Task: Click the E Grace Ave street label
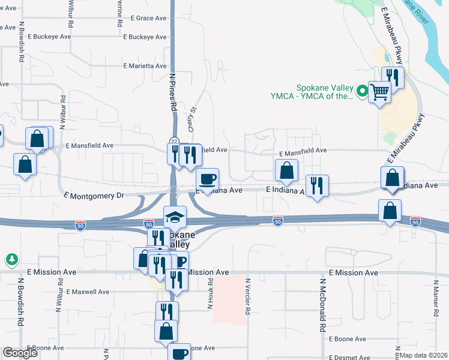click(x=145, y=19)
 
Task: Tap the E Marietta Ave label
click(x=145, y=66)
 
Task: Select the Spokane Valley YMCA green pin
click(x=362, y=91)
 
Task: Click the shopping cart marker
click(x=379, y=92)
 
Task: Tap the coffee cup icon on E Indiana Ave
click(x=208, y=179)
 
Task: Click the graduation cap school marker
click(x=175, y=217)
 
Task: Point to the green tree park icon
click(x=11, y=260)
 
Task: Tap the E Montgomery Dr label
click(x=93, y=195)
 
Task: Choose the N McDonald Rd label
click(x=322, y=306)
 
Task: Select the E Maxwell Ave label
click(x=88, y=292)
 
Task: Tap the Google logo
click(x=20, y=353)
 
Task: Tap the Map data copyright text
click(x=423, y=355)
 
